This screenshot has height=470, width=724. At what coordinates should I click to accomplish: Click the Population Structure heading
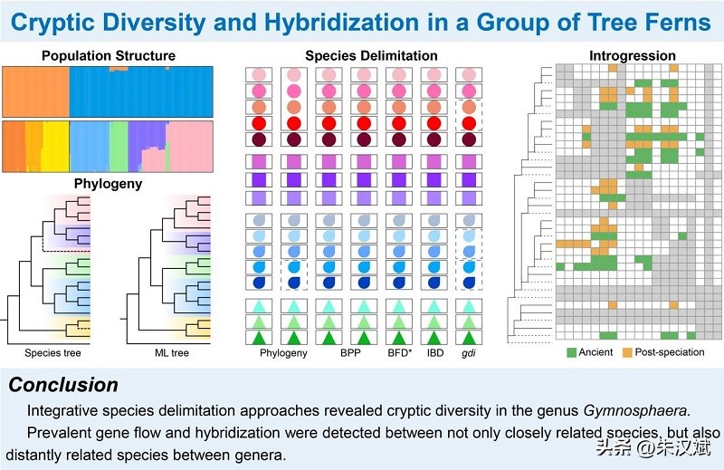(109, 56)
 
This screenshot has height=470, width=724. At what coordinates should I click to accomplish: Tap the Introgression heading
(633, 56)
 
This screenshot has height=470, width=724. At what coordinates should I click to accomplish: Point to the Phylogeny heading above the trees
(108, 184)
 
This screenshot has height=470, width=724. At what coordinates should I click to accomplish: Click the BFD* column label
(399, 353)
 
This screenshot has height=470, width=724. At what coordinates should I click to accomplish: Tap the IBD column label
(433, 353)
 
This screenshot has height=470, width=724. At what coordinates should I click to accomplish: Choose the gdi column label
(468, 353)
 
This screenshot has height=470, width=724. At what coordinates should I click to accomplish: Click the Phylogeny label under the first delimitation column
(284, 353)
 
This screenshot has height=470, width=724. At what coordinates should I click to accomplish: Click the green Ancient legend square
(572, 351)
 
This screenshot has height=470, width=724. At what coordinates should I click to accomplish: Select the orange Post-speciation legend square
(625, 351)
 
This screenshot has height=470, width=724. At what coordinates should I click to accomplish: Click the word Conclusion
(63, 385)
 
